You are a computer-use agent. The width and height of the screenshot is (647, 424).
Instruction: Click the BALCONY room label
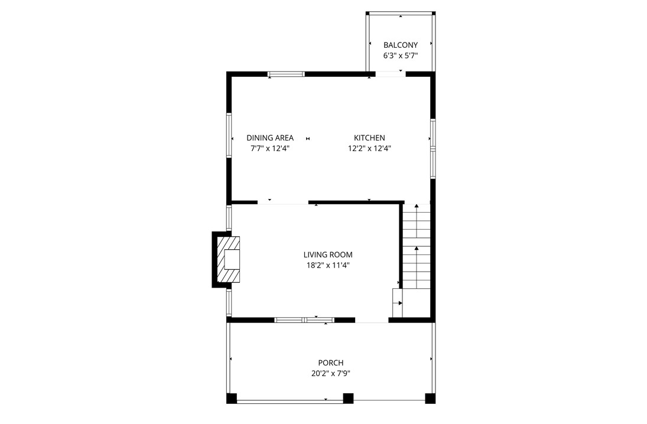(x=400, y=45)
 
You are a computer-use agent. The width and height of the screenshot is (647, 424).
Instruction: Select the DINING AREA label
(x=269, y=138)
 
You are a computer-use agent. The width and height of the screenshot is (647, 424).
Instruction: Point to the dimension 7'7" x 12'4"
(x=269, y=149)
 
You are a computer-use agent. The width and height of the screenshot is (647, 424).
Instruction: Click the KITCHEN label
(x=369, y=138)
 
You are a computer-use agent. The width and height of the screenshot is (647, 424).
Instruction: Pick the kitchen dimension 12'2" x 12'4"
(x=369, y=149)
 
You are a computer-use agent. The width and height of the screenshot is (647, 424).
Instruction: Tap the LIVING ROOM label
(x=327, y=255)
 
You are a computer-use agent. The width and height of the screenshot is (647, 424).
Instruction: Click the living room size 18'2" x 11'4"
(x=327, y=266)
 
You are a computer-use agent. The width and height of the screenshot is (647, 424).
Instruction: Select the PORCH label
(x=330, y=363)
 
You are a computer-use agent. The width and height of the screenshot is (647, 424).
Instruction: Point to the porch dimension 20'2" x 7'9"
(x=330, y=373)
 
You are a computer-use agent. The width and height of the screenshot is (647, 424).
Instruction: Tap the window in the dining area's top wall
(x=286, y=74)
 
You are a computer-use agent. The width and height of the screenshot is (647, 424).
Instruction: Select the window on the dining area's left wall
(x=229, y=135)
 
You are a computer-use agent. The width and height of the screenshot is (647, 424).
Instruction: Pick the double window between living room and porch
(x=304, y=320)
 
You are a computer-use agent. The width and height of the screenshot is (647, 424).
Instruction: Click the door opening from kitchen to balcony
(x=390, y=74)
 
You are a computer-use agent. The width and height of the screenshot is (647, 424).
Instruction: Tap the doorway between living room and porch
(x=372, y=321)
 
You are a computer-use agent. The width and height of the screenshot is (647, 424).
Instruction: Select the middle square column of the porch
(x=349, y=398)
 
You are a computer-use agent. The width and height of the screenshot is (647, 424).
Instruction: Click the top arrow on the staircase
(x=416, y=206)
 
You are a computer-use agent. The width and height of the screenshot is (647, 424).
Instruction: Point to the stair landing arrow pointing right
(x=401, y=303)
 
